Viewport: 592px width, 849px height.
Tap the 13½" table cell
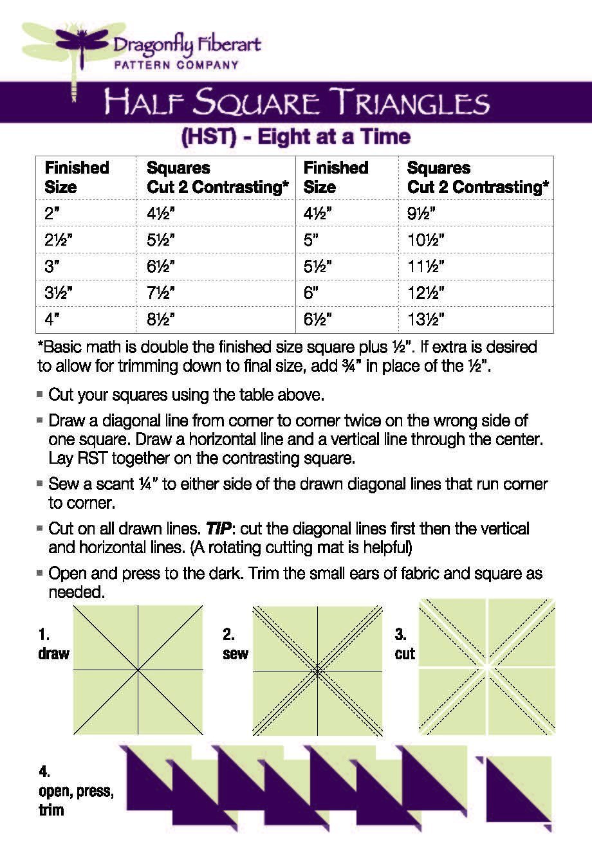(426, 320)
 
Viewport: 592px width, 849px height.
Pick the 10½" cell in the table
(426, 240)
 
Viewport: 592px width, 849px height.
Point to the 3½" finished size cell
(59, 293)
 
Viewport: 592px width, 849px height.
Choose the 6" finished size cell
(311, 293)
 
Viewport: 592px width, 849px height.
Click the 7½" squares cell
(161, 293)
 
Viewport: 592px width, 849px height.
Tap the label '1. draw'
(53, 644)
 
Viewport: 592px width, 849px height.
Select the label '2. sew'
(236, 644)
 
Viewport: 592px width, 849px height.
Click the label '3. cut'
(405, 644)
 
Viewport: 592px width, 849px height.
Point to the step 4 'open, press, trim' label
(75, 790)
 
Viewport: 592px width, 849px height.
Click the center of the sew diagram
(317, 670)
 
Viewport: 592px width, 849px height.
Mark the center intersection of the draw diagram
(138, 670)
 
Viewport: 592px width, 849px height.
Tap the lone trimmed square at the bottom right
(518, 789)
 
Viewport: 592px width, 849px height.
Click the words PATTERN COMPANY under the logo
(176, 64)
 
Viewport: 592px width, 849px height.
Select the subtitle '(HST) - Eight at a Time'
(296, 137)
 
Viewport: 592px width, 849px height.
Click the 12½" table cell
(426, 293)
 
